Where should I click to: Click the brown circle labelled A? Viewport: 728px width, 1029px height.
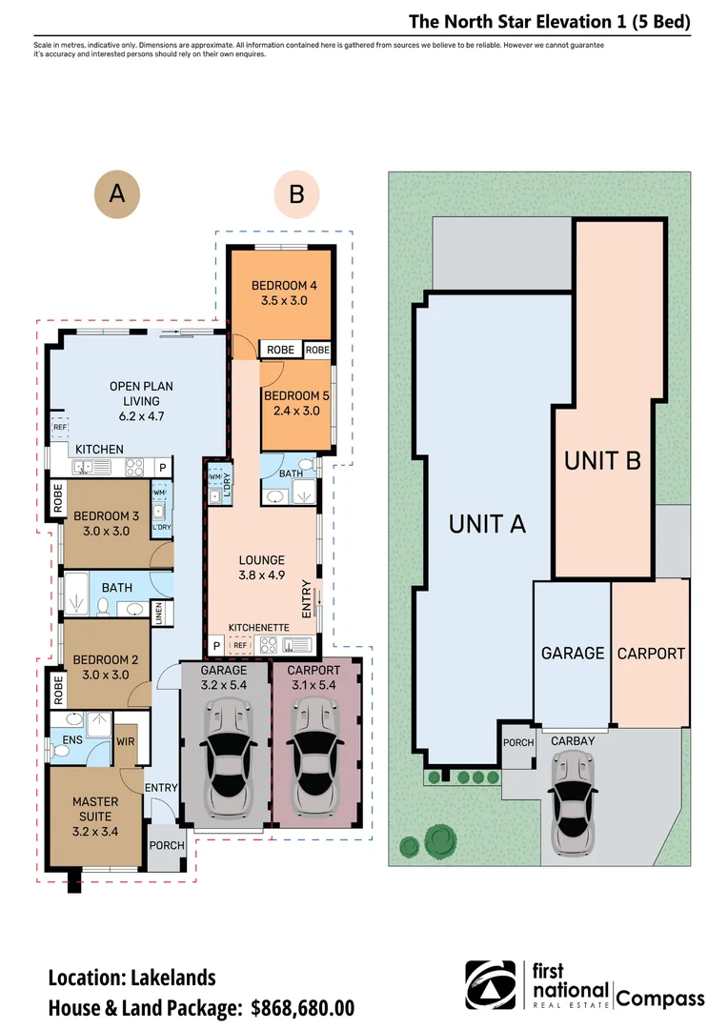click(117, 193)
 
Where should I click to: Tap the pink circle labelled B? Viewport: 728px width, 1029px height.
click(296, 194)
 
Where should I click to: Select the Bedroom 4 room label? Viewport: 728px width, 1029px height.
click(284, 286)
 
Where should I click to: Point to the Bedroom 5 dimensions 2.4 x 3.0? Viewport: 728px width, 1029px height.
click(296, 411)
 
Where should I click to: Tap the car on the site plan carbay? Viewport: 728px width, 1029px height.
click(574, 802)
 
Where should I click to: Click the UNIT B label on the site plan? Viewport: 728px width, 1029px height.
click(602, 461)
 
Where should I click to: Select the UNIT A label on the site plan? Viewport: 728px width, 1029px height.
click(487, 524)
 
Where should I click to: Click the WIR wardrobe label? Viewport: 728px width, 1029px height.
click(126, 741)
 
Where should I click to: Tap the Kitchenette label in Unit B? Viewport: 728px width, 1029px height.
click(258, 628)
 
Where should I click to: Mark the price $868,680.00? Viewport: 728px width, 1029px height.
click(303, 1007)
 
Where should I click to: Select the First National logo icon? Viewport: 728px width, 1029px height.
click(491, 985)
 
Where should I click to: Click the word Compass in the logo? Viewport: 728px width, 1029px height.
click(660, 999)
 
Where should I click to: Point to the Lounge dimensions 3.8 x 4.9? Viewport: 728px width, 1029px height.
click(261, 575)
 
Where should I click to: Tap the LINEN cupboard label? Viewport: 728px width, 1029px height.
click(158, 613)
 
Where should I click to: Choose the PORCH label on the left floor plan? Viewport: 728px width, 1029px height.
click(167, 845)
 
